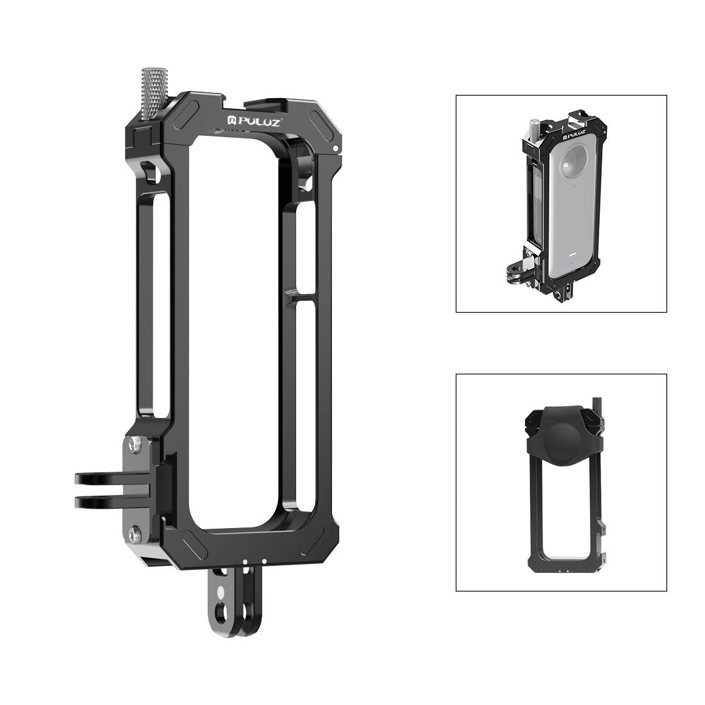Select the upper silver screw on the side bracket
pyautogui.click(x=135, y=442)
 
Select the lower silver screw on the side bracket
pyautogui.click(x=135, y=531)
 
